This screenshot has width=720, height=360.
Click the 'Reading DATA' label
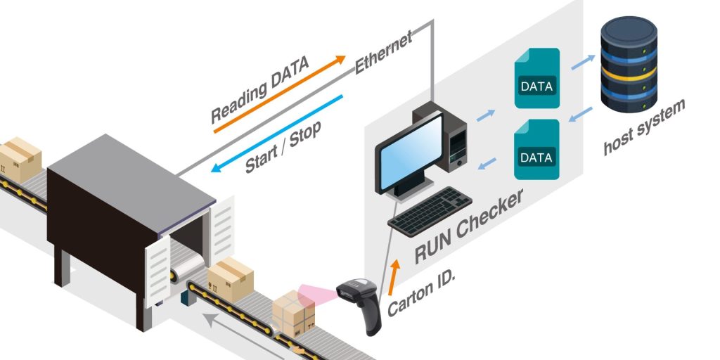click(x=259, y=89)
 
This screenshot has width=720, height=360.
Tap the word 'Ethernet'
click(x=383, y=53)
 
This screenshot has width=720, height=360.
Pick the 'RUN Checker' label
click(x=468, y=225)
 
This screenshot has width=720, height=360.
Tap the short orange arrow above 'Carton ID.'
click(x=395, y=274)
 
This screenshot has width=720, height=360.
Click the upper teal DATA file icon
click(x=536, y=78)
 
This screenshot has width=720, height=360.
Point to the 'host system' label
click(x=643, y=127)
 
